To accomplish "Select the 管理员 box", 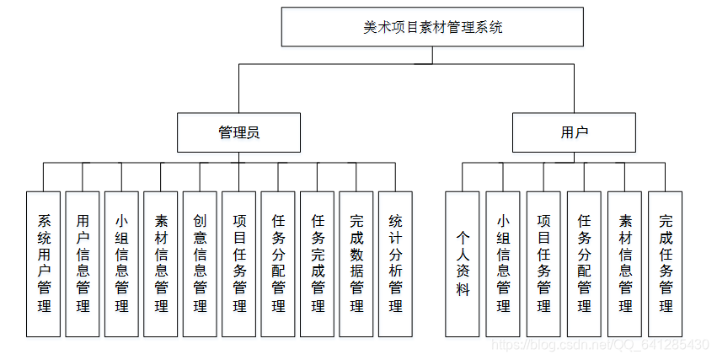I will (238, 132).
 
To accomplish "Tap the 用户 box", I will (575, 132).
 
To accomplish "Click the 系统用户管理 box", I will (44, 263).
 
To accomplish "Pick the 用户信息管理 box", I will (83, 263).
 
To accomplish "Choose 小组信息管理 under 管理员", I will (122, 263).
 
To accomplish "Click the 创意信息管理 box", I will (201, 263).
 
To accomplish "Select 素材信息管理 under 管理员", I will (161, 263).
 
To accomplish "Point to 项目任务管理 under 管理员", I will (239, 263).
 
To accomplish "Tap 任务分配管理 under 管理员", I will (279, 263).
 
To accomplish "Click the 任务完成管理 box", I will (318, 263).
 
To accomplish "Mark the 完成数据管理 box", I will (356, 263).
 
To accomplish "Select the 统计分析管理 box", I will (395, 263).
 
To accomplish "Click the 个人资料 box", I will (463, 263).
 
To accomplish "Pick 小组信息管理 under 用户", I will (503, 263).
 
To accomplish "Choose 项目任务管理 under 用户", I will (543, 263).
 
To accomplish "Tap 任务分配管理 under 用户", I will (584, 263).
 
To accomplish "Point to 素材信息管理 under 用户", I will (625, 263).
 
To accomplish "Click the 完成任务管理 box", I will (666, 263).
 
